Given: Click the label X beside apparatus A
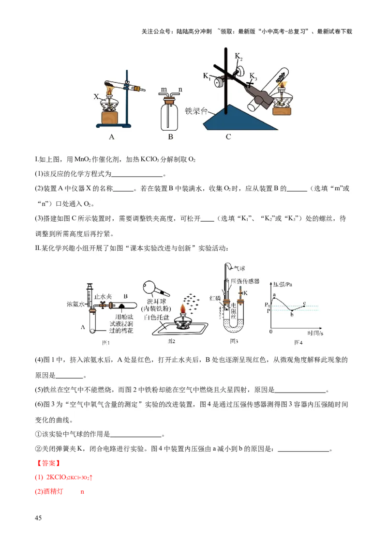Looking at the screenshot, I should pyautogui.click(x=96, y=96).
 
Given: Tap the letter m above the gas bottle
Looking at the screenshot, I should pyautogui.click(x=163, y=90).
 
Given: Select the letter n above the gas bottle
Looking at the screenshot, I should pyautogui.click(x=180, y=90).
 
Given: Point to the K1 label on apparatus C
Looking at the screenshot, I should pyautogui.click(x=207, y=76).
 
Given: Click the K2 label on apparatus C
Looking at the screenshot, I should pyautogui.click(x=238, y=56).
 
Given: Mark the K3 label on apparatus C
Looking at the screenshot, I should pyautogui.click(x=253, y=76).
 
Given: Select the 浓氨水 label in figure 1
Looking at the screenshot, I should pyautogui.click(x=76, y=305).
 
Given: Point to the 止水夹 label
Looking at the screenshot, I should pyautogui.click(x=104, y=295).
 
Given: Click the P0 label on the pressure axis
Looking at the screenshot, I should pyautogui.click(x=267, y=304).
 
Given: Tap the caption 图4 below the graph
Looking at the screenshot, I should pyautogui.click(x=298, y=342).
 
